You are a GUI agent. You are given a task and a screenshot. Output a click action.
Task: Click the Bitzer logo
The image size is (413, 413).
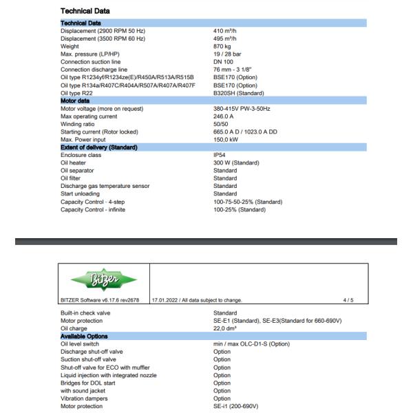pyautogui.click(x=103, y=279)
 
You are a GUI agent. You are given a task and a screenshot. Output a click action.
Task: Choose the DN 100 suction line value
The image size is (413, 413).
pyautogui.click(x=224, y=62)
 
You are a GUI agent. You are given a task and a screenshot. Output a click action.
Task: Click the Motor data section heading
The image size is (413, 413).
pyautogui.click(x=80, y=101)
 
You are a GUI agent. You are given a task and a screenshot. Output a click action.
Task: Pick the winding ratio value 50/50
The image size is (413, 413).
pyautogui.click(x=221, y=124)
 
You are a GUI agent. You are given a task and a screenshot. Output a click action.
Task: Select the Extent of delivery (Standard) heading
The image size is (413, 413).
pyautogui.click(x=98, y=147)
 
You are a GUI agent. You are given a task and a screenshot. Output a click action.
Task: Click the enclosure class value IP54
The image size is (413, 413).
pyautogui.click(x=220, y=156)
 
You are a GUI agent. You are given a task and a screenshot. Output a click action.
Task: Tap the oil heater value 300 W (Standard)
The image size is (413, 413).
pyautogui.click(x=236, y=163)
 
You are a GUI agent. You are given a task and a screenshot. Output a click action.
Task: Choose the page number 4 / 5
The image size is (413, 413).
pyautogui.click(x=348, y=300)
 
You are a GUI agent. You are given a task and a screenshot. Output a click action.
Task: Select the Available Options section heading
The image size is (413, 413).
pyautogui.click(x=84, y=336)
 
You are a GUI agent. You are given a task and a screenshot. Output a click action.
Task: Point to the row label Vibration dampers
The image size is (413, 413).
pyautogui.click(x=85, y=399)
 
